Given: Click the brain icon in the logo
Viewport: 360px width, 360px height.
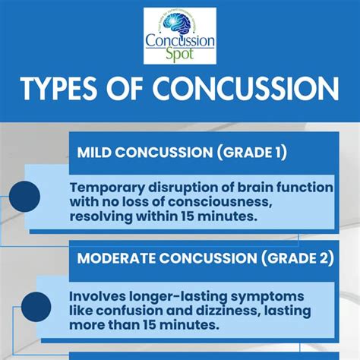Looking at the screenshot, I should tap(179, 23).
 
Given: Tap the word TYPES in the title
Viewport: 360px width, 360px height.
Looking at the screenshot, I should tap(65, 90).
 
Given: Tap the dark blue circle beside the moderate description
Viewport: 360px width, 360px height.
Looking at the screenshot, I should tap(36, 305).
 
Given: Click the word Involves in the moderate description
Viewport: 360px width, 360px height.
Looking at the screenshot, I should tap(99, 295).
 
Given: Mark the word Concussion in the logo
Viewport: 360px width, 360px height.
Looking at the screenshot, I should tap(180, 40).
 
